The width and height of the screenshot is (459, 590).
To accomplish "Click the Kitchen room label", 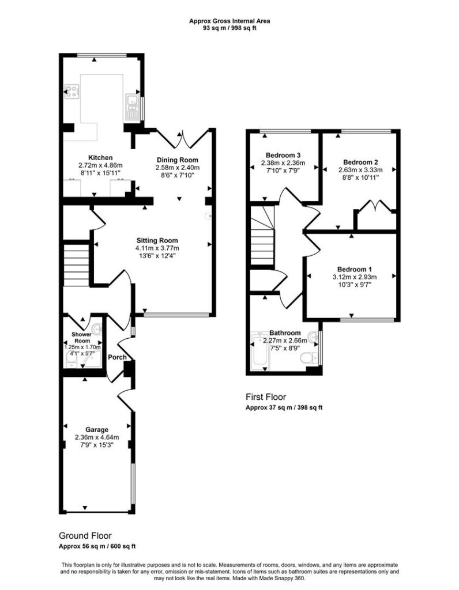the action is coord(100,158).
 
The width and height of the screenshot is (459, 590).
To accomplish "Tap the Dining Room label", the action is coord(178,160).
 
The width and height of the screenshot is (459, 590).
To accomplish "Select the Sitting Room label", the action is coord(157,240).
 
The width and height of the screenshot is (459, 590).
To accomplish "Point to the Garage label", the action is coord(97,430).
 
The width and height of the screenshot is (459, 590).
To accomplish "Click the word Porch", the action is coord(117,357).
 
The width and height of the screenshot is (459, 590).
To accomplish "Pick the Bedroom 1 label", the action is coord(354,270).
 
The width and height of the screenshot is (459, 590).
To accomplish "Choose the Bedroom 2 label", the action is coord(360,162).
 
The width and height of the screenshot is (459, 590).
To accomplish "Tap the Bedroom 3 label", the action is coord(283,155).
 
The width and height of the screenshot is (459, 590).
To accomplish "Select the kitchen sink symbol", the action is coord(131,107).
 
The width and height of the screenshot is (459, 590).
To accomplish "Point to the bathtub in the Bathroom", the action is coord(260,349).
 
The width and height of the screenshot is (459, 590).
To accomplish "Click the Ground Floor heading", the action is coord(85,535).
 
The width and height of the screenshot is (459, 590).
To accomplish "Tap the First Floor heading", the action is coord(266,396).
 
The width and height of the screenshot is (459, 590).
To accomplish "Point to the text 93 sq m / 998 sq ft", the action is coord(229,28).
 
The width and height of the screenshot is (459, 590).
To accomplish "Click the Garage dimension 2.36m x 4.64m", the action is coord(97,437).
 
